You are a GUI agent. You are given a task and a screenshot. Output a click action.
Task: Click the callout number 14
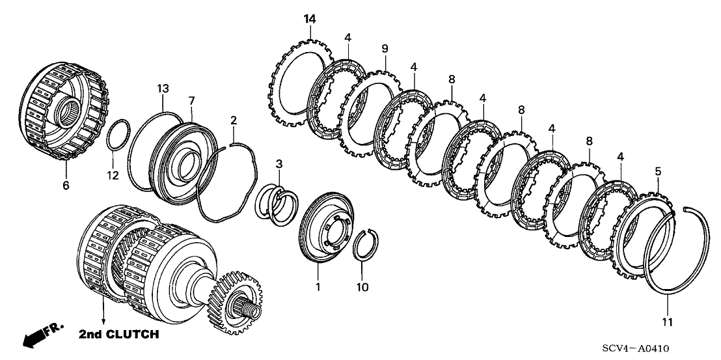[x=309, y=18]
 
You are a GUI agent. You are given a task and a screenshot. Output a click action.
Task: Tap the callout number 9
[x=385, y=49]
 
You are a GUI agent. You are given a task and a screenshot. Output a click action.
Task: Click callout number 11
[x=668, y=322]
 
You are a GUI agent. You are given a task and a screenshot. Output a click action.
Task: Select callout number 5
[x=658, y=171]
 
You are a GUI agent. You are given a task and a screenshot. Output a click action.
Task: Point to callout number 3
[x=279, y=162]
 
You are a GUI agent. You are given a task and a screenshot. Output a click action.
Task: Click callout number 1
[x=318, y=286]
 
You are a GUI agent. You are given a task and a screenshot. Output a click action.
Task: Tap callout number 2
[x=233, y=120]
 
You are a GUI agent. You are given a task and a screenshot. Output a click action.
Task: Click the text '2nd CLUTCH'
[x=118, y=335]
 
